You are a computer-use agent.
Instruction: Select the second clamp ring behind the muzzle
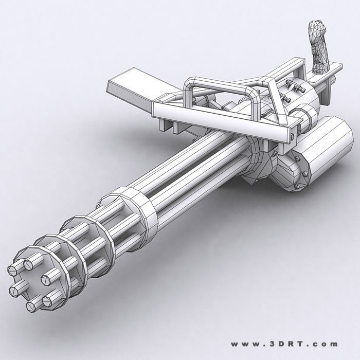(77, 247)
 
